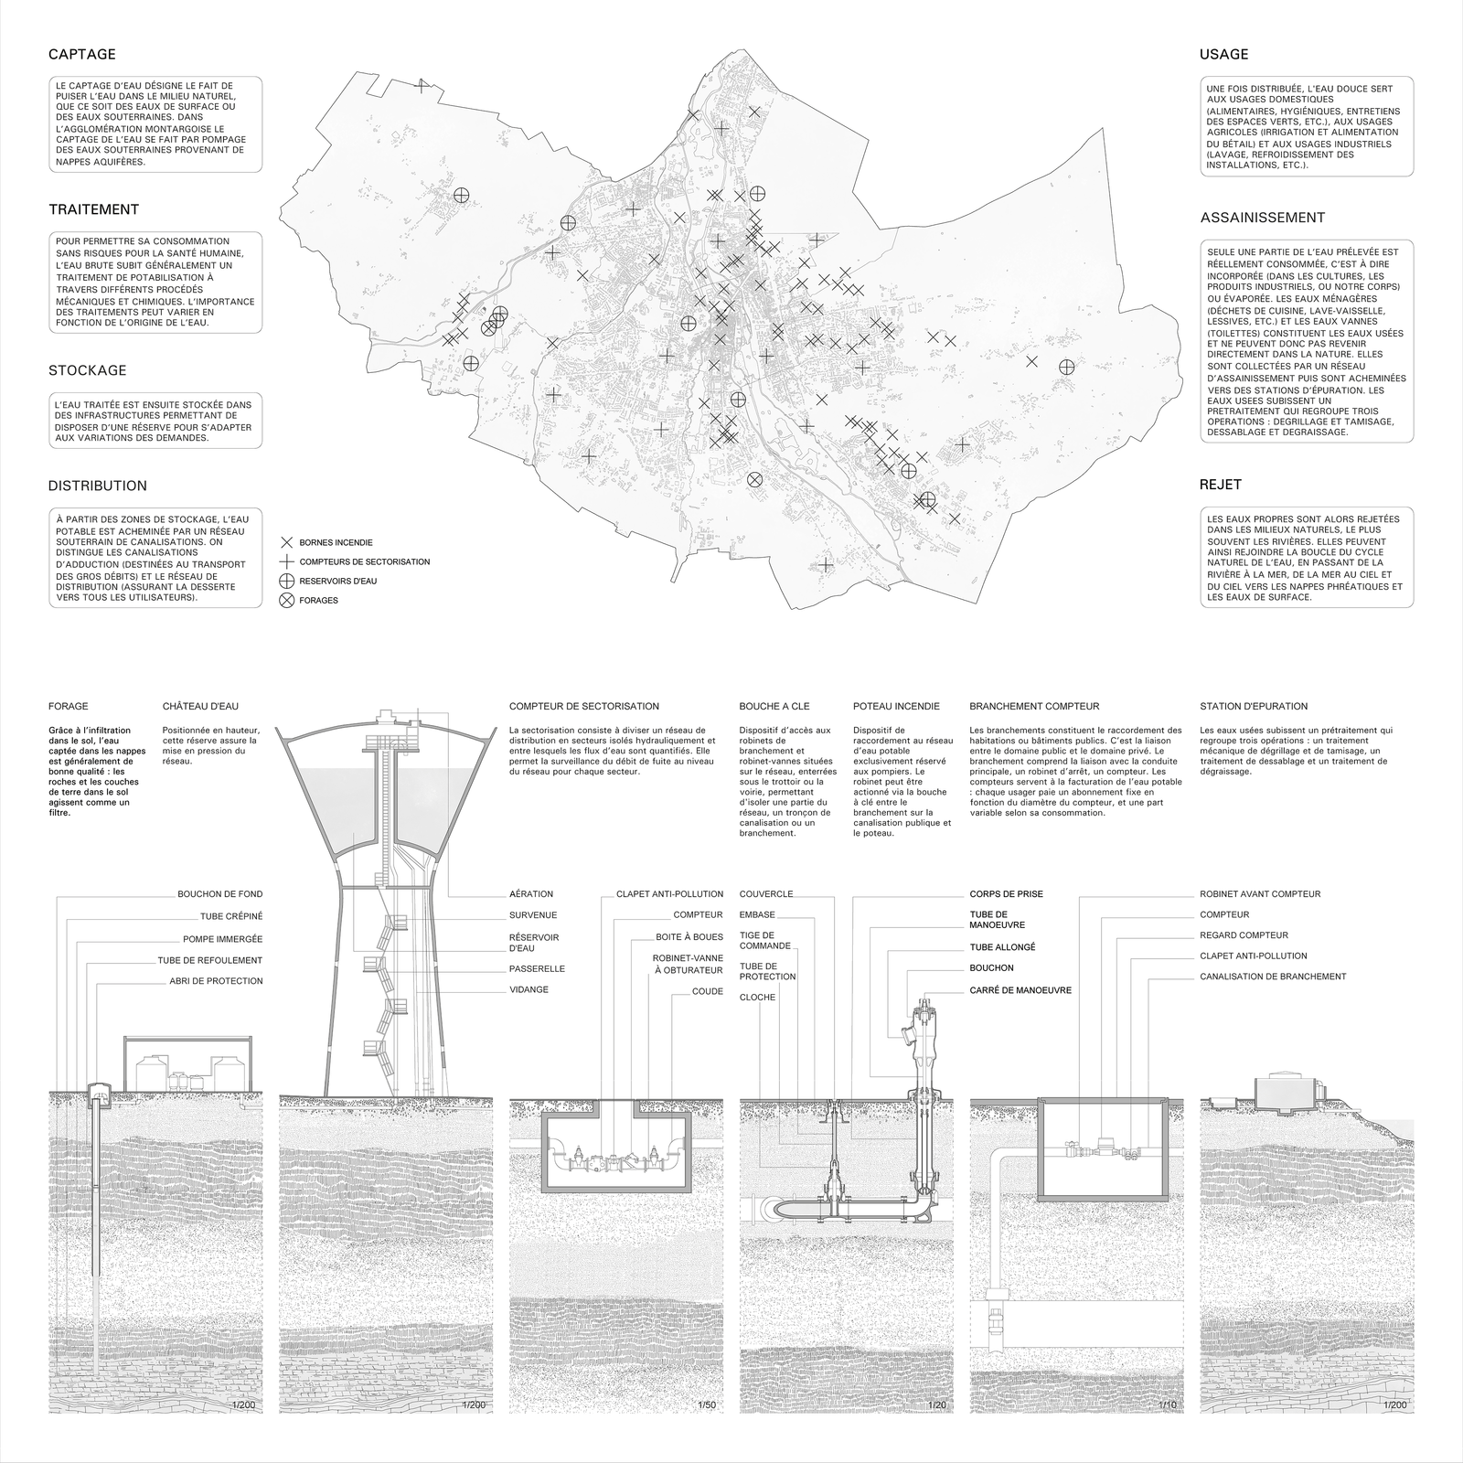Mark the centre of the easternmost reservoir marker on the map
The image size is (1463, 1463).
tap(1066, 367)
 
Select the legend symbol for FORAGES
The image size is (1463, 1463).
tap(287, 601)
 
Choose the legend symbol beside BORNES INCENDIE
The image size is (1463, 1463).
tap(287, 542)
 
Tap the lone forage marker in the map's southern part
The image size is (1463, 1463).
tap(755, 479)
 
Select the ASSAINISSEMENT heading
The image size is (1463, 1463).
tap(1262, 218)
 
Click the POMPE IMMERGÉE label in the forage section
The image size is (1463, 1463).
tap(222, 939)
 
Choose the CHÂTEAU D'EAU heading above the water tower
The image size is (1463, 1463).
tap(200, 706)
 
